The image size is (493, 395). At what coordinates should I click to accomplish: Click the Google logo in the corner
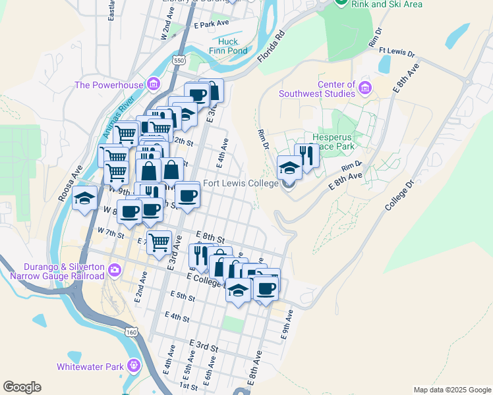(22, 387)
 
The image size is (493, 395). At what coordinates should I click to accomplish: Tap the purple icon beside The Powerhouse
(154, 84)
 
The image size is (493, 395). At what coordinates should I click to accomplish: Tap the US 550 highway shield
(179, 60)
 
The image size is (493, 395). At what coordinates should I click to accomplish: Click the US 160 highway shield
(132, 332)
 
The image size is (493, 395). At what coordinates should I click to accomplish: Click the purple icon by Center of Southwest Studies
(364, 86)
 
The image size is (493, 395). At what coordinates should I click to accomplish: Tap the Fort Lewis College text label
(240, 184)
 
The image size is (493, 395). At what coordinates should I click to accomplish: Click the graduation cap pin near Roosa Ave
(84, 198)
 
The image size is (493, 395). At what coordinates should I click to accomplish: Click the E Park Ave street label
(211, 24)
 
